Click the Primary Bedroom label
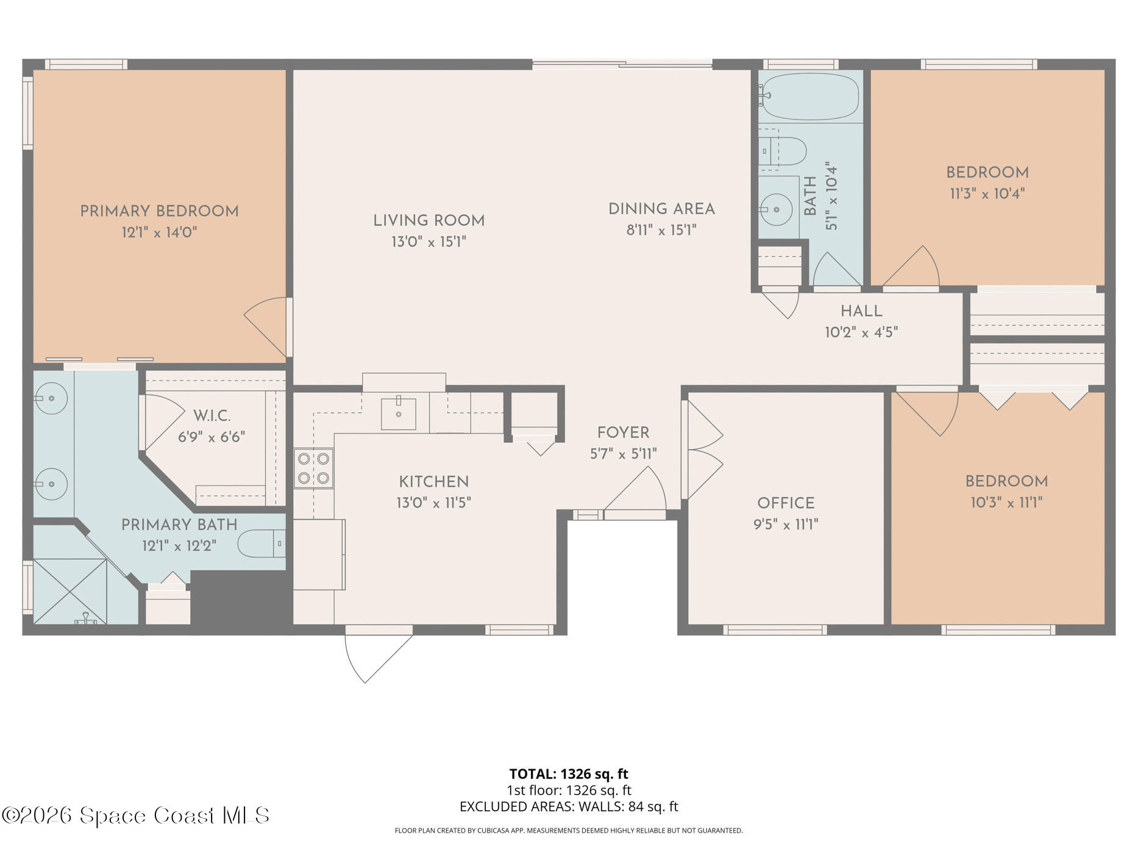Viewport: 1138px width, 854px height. [159, 212]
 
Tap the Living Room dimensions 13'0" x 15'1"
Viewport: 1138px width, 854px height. [429, 242]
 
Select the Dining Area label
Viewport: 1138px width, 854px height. [661, 209]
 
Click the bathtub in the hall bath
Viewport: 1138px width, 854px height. [810, 96]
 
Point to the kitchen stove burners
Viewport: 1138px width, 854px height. [313, 468]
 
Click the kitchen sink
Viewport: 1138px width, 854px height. [399, 414]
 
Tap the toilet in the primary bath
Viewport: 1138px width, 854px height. [260, 544]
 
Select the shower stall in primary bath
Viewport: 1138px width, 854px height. [69, 591]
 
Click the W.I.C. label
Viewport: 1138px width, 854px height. [212, 417]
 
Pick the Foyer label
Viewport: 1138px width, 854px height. [623, 433]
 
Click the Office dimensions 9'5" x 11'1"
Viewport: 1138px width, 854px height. [786, 525]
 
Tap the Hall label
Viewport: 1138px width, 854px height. [861, 312]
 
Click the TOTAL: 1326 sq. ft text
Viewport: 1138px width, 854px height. [569, 774]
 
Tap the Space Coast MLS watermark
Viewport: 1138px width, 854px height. [135, 816]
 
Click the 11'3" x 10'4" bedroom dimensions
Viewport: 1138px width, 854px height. [987, 194]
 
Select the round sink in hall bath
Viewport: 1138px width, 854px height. [777, 209]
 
